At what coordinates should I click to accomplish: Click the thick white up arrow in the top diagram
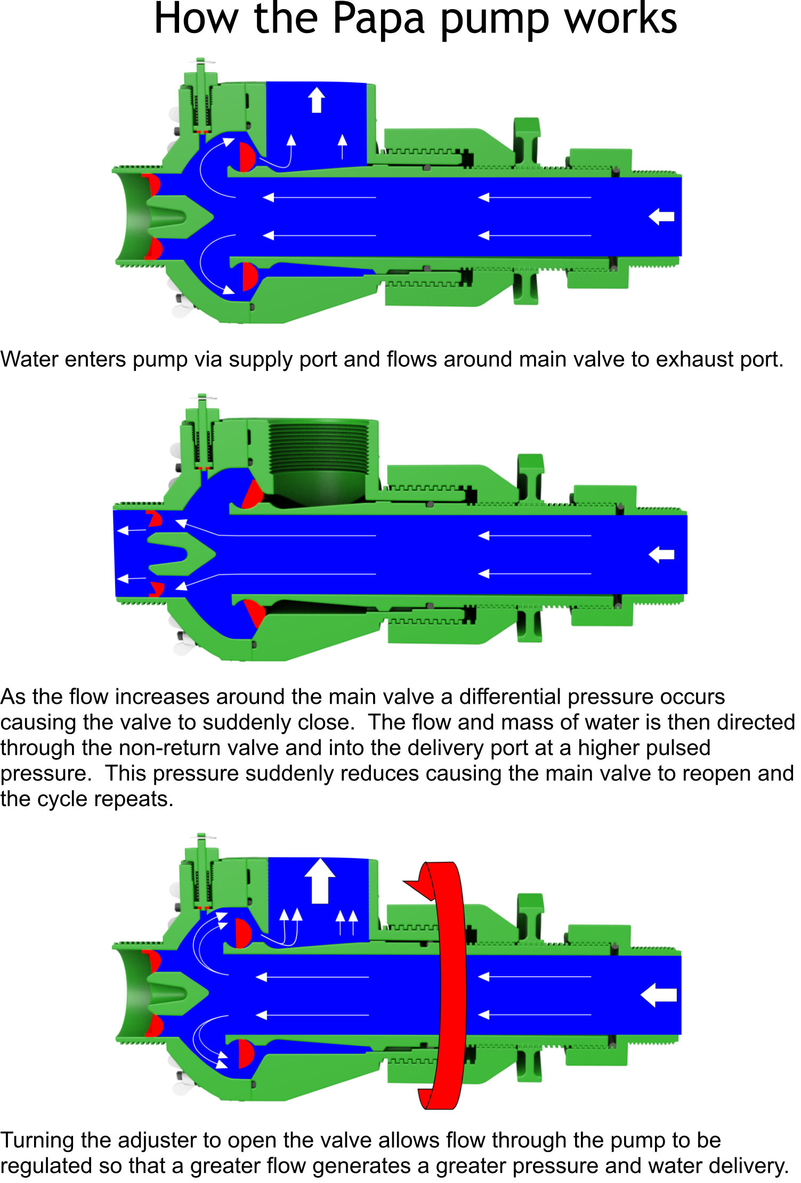[x=317, y=100]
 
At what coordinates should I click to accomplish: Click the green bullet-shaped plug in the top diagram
[x=179, y=216]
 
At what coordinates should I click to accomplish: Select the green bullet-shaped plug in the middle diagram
[x=180, y=554]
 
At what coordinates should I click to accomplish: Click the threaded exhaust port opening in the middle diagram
[x=320, y=458]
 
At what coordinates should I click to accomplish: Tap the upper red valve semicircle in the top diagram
[x=247, y=157]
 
